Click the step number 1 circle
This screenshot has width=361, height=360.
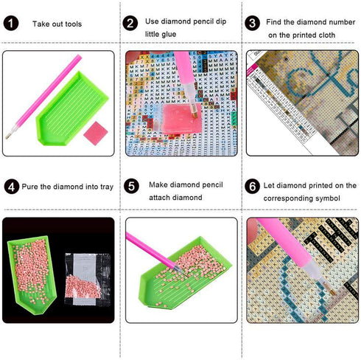[x=12, y=24]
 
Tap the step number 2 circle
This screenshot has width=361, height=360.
[x=131, y=24]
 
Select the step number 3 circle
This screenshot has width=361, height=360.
[x=252, y=24]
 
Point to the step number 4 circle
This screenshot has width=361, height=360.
[x=11, y=187]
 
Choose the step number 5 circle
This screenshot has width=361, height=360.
[x=131, y=187]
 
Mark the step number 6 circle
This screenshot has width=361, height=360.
[x=252, y=187]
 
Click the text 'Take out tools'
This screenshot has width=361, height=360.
[x=57, y=24]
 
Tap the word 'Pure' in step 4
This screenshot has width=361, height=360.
[x=30, y=187]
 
